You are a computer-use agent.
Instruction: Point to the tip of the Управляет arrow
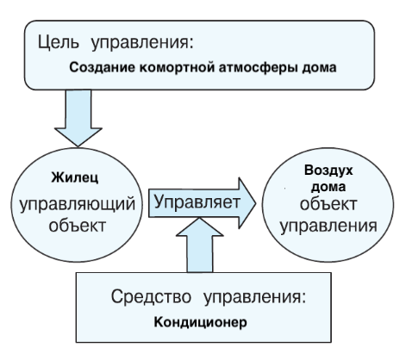pyautogui.click(x=255, y=201)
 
